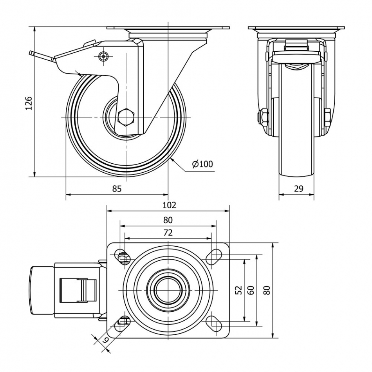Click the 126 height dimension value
[29, 103]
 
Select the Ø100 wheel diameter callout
[202, 164]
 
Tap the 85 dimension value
[117, 189]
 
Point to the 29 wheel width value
[299, 189]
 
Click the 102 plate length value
[170, 205]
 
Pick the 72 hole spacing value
[168, 233]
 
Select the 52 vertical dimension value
[239, 290]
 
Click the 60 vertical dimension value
[251, 290]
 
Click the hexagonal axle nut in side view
[126, 117]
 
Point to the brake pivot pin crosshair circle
[103, 56]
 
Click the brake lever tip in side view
[31, 52]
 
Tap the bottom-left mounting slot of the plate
[123, 323]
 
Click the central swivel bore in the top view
[168, 290]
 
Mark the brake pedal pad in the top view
[42, 290]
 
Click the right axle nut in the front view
[328, 117]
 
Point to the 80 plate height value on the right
[267, 290]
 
